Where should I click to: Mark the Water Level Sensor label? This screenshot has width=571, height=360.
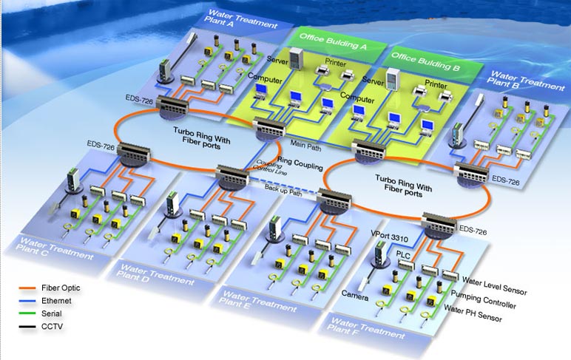tap(494, 281)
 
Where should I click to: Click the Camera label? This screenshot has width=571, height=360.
tap(354, 293)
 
